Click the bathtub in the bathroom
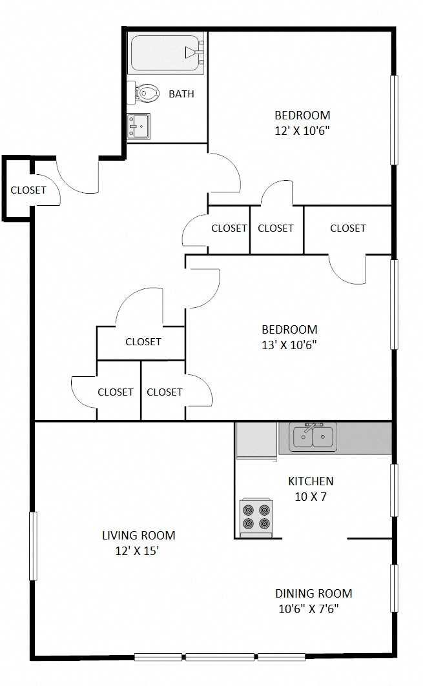click(167, 54)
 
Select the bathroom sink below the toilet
click(139, 125)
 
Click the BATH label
click(181, 94)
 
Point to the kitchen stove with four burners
click(256, 517)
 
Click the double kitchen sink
click(313, 437)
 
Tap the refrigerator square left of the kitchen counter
click(256, 440)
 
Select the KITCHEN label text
click(311, 481)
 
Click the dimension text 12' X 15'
click(138, 550)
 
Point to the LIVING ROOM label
click(138, 535)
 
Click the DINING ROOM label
click(314, 594)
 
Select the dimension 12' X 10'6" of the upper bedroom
click(302, 131)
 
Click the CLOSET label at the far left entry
click(28, 190)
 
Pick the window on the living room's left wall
click(34, 546)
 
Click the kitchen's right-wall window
click(394, 490)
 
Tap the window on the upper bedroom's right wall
click(394, 119)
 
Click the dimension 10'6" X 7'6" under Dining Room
click(308, 609)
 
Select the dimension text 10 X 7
click(310, 497)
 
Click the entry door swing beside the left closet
click(77, 176)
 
